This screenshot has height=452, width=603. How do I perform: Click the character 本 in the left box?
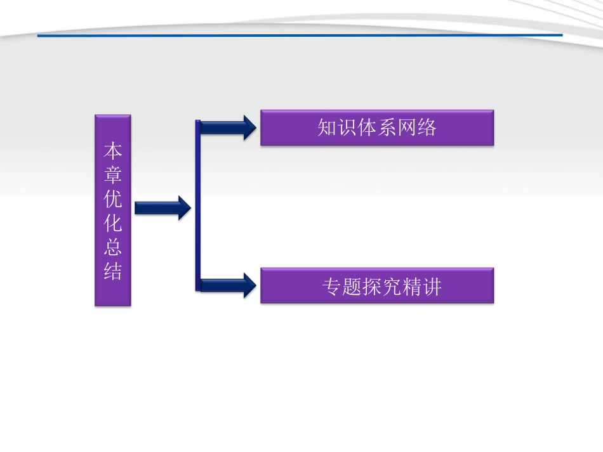point(113,151)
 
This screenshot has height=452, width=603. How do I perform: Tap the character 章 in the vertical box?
point(113,175)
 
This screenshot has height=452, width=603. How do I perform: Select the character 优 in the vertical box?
point(113,200)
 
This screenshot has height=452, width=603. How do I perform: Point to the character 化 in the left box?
point(113,224)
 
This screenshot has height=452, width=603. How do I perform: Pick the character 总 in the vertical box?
point(113,248)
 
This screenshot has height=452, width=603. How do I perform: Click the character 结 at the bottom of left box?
point(113,272)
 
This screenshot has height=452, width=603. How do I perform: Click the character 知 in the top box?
point(328,128)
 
